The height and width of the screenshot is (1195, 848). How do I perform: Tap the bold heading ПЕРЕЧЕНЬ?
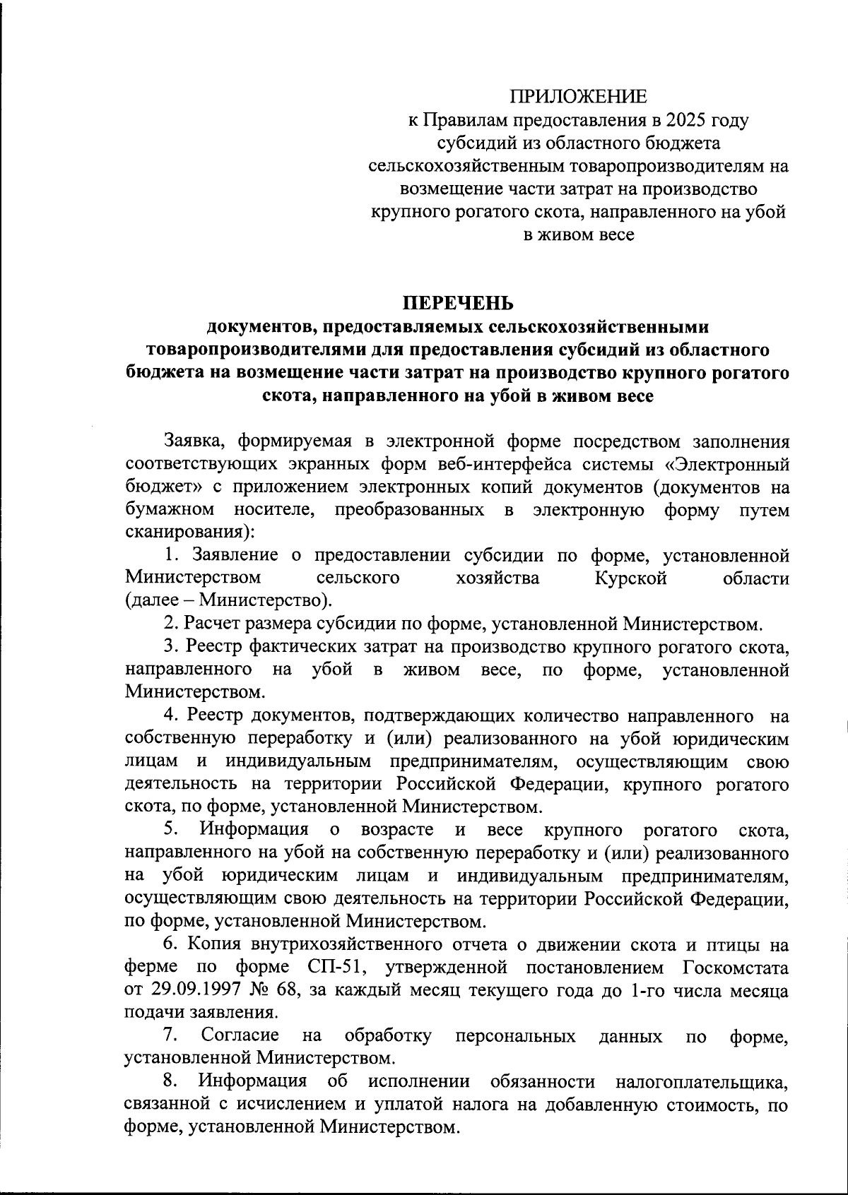459,304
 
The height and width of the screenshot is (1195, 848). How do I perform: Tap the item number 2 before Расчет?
170,624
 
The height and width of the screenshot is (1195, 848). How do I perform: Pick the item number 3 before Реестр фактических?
170,646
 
